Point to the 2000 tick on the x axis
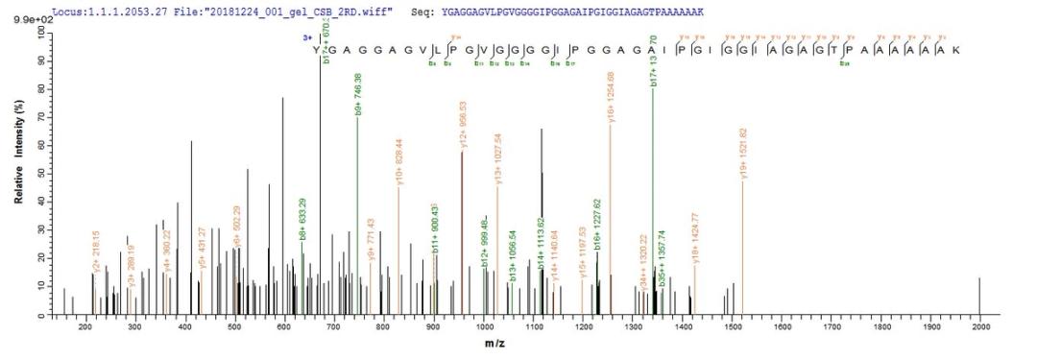pyautogui.click(x=979, y=326)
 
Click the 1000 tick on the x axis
pyautogui.click(x=484, y=326)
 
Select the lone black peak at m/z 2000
pyautogui.click(x=979, y=296)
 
